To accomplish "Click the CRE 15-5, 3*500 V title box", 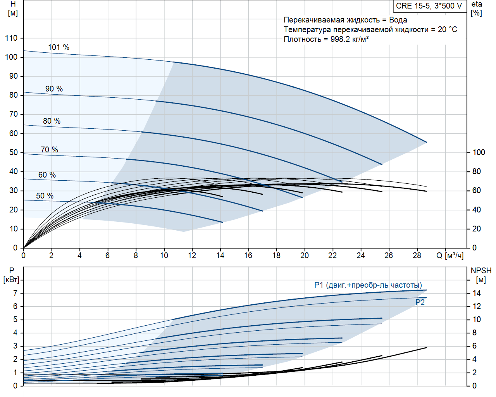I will [x=429, y=6].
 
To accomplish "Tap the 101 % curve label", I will [x=59, y=47].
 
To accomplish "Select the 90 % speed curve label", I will [x=54, y=89].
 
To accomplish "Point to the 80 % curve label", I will [x=52, y=121].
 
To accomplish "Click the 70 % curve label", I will [x=49, y=150].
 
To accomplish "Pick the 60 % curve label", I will [x=47, y=175].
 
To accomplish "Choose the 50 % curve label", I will [x=45, y=196].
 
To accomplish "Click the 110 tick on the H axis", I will [x=11, y=38].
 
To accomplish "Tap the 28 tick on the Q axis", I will [x=417, y=255].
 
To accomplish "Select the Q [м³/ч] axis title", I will [x=450, y=255].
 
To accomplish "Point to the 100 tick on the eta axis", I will [x=479, y=152].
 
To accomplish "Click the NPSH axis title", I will [x=481, y=271].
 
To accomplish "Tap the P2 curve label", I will [x=420, y=302].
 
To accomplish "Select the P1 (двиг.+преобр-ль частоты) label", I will [x=368, y=285].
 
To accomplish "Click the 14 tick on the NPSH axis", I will [x=477, y=293].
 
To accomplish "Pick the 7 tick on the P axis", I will [x=15, y=293].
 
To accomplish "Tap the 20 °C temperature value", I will [x=448, y=29].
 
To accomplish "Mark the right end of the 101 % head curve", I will [x=427, y=142].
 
